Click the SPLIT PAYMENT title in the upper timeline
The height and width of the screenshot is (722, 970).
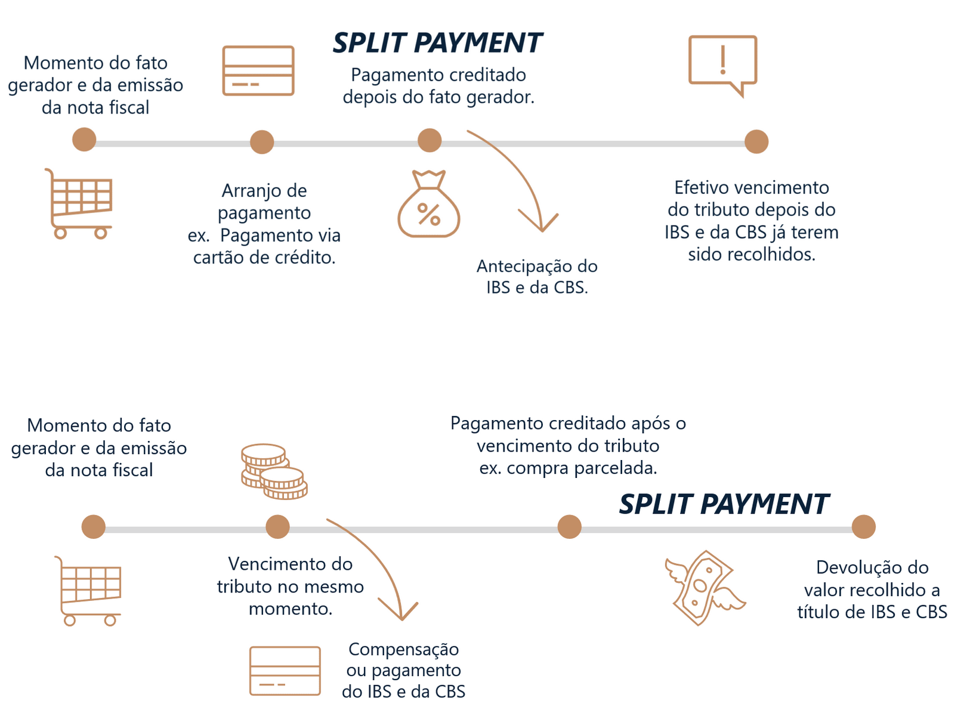point(437,43)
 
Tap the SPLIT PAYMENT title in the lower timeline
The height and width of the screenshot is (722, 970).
point(723,504)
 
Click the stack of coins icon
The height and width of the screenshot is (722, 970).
point(274,471)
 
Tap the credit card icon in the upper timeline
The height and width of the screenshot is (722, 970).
point(258,70)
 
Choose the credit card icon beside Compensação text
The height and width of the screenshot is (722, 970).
point(285,671)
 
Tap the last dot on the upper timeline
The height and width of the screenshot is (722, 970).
point(756,141)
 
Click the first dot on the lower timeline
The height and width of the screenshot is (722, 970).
point(94,527)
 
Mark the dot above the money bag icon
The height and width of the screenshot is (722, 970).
point(430,141)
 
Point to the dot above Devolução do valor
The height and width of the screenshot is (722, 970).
point(863,527)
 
